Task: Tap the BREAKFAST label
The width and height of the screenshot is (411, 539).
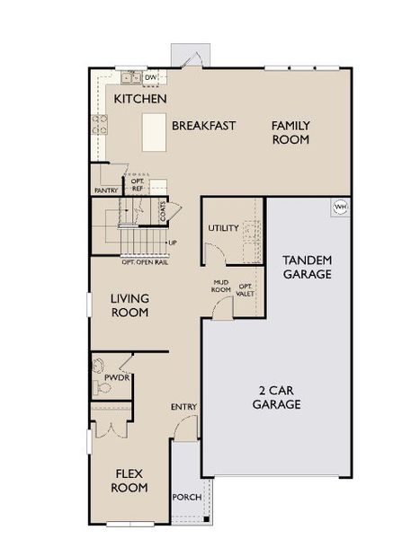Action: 204,126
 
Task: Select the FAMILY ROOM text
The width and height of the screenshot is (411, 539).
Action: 290,133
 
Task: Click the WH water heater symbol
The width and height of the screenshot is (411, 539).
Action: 341,207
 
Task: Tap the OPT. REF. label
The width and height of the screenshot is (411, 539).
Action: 138,185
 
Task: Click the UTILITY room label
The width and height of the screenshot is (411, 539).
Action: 223,228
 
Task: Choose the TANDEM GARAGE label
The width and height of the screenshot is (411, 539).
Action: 308,267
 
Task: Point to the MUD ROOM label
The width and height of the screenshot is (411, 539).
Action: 221,287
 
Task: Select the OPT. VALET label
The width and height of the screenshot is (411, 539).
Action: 246,289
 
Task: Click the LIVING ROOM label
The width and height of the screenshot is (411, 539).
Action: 130,305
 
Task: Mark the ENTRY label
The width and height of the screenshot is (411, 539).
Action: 183,408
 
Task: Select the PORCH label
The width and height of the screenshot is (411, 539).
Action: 186,497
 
